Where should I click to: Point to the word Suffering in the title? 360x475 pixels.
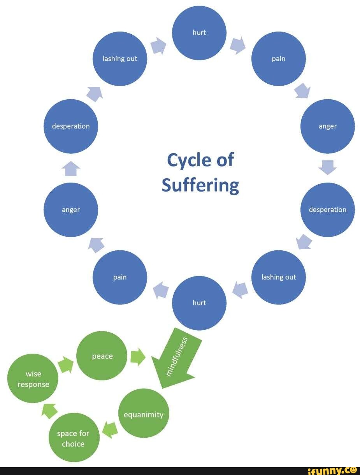[200, 185]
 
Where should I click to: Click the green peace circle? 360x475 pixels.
[102, 356]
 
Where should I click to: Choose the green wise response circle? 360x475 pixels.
[33, 379]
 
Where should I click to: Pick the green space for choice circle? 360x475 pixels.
[73, 438]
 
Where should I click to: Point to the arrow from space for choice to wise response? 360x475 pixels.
[50, 411]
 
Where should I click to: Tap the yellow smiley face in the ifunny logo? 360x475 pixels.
[353, 470]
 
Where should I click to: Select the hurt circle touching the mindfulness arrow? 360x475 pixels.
[199, 303]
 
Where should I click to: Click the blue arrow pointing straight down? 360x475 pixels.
[328, 167]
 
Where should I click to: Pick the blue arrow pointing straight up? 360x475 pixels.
[71, 169]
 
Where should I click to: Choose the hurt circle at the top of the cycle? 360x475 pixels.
[199, 33]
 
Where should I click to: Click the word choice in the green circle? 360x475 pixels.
[73, 444]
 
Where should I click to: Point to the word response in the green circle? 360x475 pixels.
[33, 384]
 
